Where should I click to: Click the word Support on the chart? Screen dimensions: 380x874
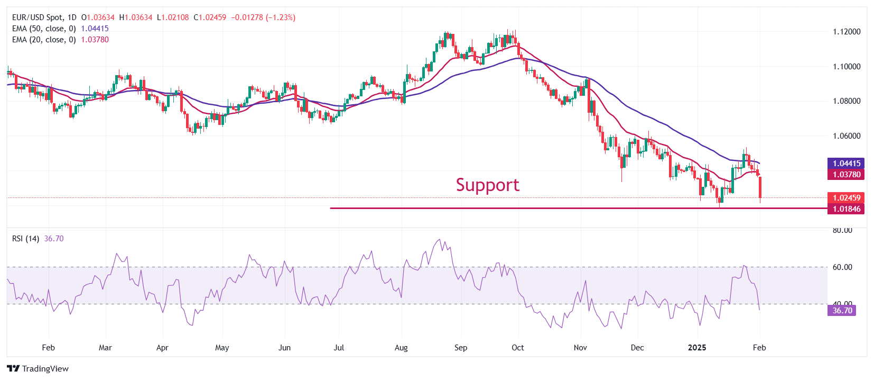point(487,185)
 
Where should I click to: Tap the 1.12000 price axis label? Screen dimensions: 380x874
point(847,32)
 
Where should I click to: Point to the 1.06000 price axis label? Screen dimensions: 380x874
point(847,136)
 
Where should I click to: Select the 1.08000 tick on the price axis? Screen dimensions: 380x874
point(847,101)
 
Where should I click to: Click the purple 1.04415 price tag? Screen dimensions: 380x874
point(847,164)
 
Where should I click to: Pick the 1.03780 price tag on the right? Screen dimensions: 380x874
point(847,175)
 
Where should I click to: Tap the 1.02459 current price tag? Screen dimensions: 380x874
point(847,198)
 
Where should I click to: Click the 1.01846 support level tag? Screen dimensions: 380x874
point(847,209)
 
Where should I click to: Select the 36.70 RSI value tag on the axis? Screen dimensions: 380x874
point(842,311)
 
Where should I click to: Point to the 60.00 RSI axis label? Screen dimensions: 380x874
point(842,267)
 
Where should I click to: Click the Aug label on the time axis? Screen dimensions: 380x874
point(401,348)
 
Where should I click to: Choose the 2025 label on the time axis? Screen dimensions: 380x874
point(697,348)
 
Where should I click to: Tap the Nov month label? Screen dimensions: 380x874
point(580,348)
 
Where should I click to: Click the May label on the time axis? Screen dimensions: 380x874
point(222,348)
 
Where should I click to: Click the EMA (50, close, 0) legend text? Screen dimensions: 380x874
point(44,29)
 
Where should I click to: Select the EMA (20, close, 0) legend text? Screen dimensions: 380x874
point(44,40)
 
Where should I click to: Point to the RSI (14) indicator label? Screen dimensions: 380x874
point(25,239)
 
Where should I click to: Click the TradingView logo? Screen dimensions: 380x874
point(38,369)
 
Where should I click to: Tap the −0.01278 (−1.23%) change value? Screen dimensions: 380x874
point(263,17)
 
